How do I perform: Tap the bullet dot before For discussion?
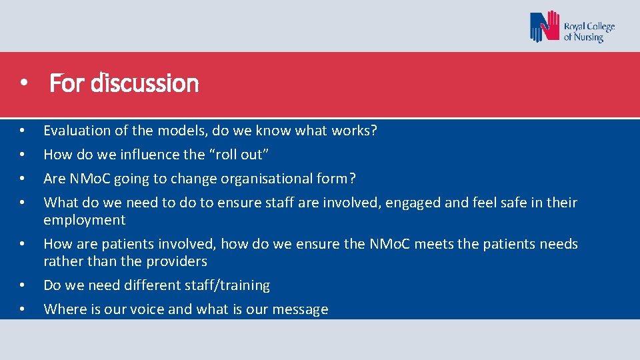point(23,85)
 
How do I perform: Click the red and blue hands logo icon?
point(544,27)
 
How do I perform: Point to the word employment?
point(84,220)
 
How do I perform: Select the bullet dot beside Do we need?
point(23,286)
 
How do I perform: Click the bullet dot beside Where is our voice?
point(23,310)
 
